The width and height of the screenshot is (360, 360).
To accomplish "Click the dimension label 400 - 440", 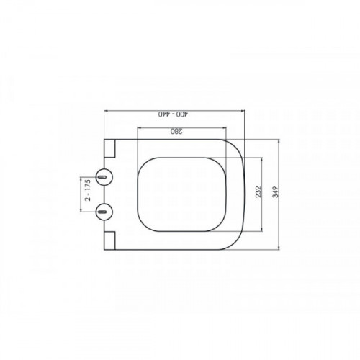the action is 173,114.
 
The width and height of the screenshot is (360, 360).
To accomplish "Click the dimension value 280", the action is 176,131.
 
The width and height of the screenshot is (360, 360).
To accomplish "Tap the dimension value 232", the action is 258,192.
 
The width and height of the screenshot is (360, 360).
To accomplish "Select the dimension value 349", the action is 276,192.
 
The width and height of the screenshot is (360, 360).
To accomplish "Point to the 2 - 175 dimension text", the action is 88,190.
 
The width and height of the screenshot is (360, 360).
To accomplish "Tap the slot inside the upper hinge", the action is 102,177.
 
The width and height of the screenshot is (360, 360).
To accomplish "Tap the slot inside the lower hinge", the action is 102,212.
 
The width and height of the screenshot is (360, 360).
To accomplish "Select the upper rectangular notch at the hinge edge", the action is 109,148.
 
